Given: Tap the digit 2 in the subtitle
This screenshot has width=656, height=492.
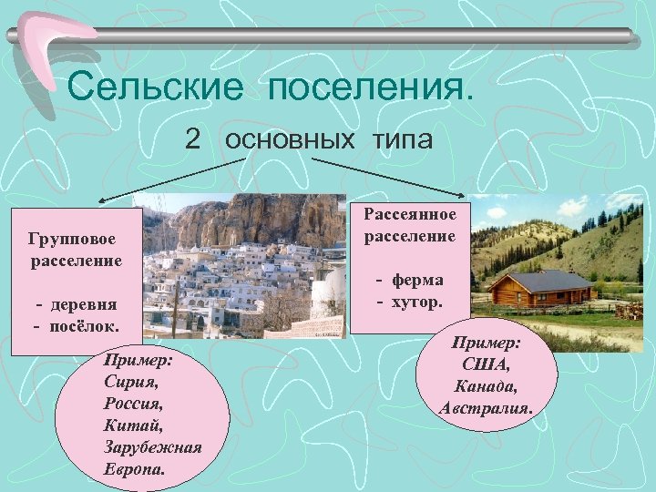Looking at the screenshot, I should point(192,138).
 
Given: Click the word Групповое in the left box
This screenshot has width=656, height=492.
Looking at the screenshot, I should point(72,239).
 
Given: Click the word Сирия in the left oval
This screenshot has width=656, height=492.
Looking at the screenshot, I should point(126,382).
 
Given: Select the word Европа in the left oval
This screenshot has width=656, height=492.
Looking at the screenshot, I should point(135,471).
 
